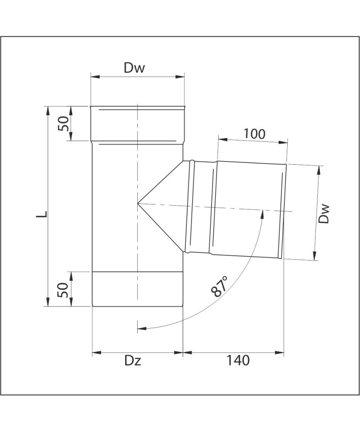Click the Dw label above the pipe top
point(134,68)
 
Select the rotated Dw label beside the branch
point(324,213)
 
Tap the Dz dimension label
point(133,360)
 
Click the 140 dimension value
point(238,360)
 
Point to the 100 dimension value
point(255,134)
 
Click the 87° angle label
point(220,286)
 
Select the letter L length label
point(41,214)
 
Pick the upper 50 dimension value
point(63,123)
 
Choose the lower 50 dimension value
point(63,290)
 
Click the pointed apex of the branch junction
point(137,203)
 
